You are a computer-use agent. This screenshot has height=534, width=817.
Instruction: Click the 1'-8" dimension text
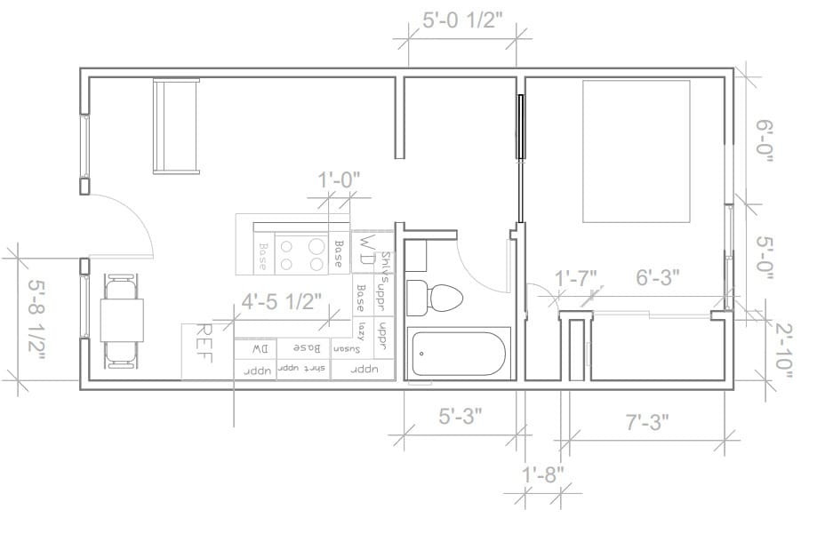(x=542, y=474)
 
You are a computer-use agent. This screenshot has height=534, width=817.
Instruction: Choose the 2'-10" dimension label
(x=782, y=350)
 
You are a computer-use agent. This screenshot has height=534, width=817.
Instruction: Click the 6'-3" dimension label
(x=658, y=277)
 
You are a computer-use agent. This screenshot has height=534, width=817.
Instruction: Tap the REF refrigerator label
(x=203, y=344)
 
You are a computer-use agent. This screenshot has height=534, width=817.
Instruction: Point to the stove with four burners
(x=301, y=252)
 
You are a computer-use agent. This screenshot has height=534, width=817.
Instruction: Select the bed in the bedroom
(x=636, y=151)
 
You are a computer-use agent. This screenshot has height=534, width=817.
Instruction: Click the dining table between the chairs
(x=122, y=320)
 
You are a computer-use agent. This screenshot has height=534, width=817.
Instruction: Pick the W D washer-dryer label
(x=366, y=250)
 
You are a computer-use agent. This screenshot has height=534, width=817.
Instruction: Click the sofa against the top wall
(x=176, y=125)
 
